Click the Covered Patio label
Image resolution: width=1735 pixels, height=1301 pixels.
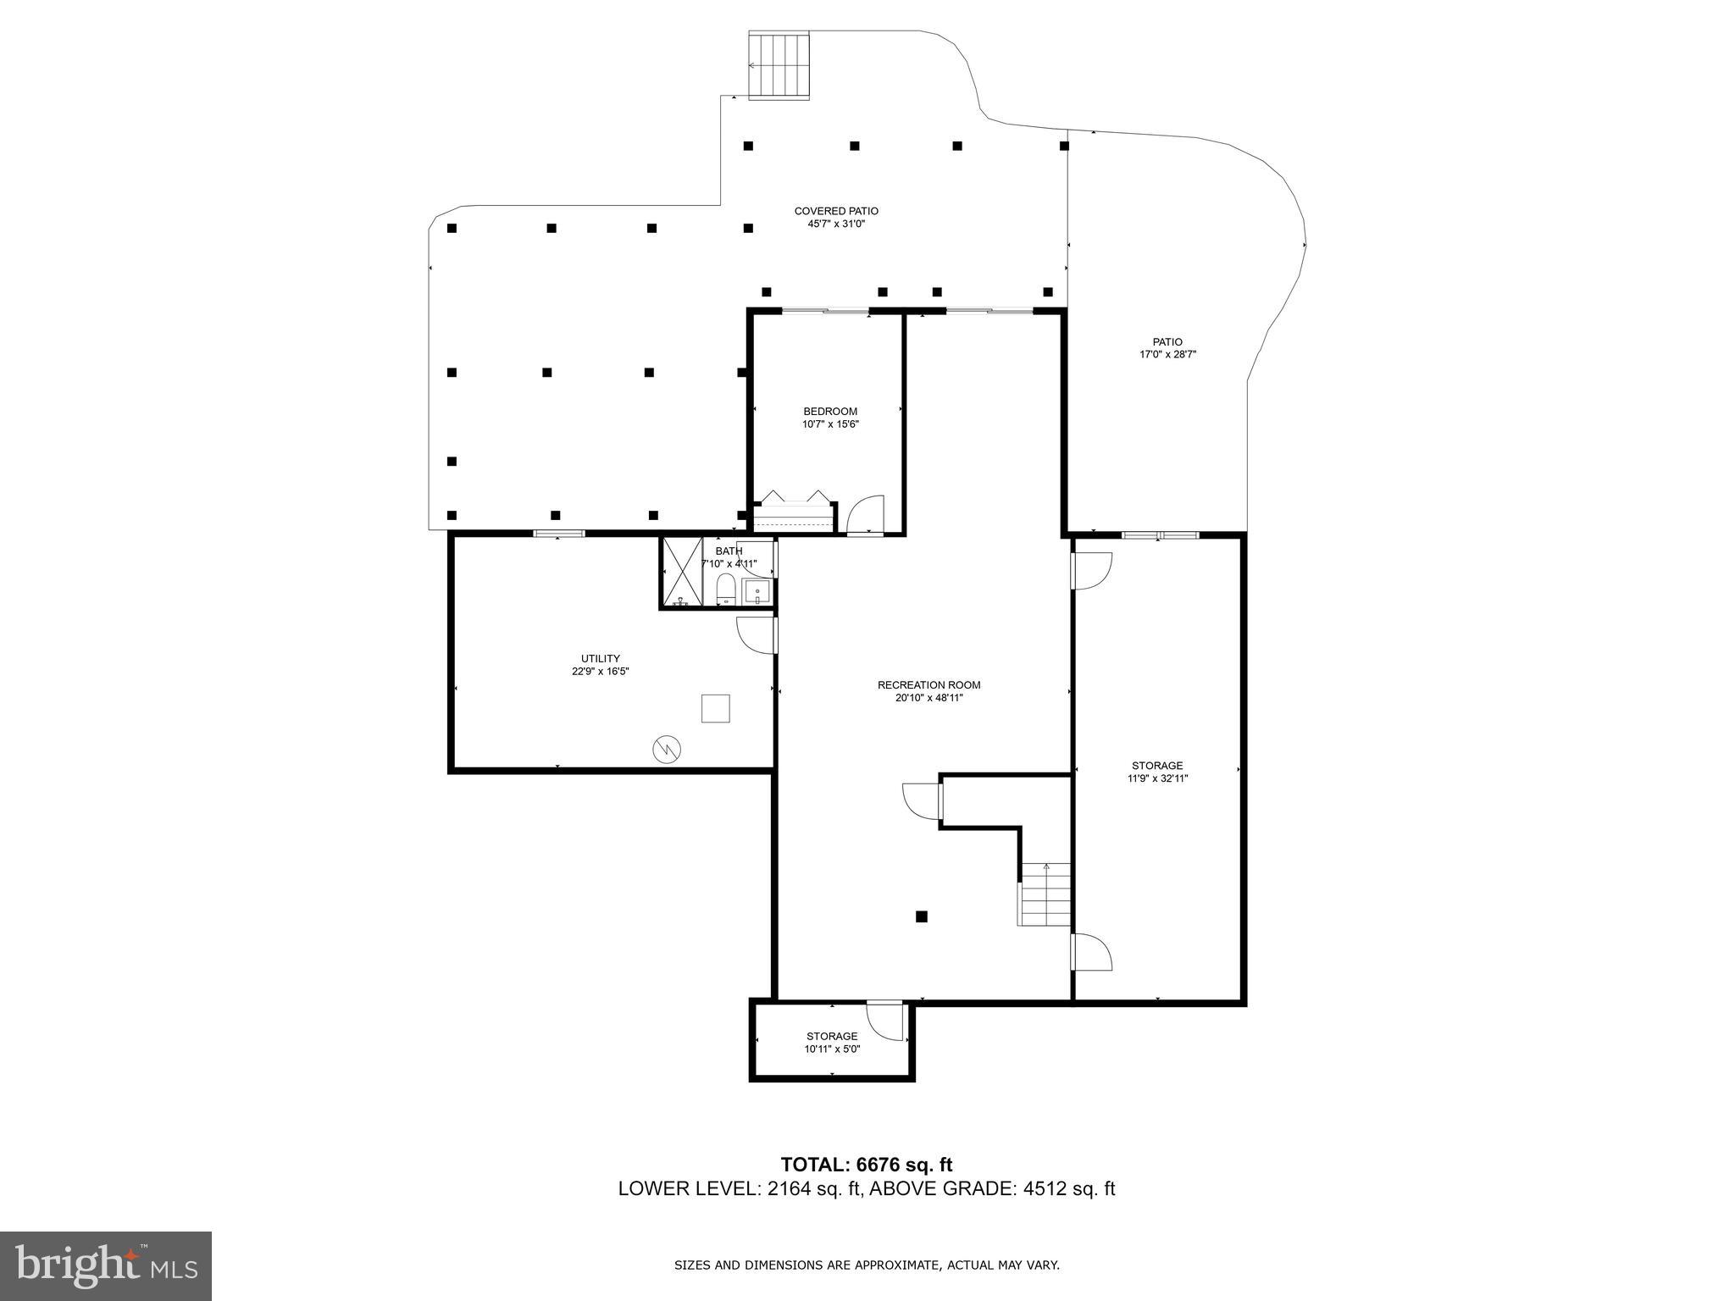pos(835,211)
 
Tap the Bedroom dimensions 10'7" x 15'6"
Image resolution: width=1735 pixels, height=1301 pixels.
pos(830,424)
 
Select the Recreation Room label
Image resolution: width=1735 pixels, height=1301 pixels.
pos(928,685)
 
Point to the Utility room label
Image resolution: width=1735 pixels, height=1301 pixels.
pos(600,658)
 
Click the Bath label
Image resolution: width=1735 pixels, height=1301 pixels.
pos(728,551)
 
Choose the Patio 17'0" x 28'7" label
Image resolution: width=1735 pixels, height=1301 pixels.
pos(1167,348)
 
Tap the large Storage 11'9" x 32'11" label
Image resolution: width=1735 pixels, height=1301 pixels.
pos(1157,772)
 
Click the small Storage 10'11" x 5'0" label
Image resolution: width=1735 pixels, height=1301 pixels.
pos(832,1042)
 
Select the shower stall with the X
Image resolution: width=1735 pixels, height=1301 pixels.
pos(682,573)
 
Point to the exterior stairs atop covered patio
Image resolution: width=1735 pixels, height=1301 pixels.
pos(779,65)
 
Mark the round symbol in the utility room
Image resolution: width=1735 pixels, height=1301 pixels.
pos(667,748)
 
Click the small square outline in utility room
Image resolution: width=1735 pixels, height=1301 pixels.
pos(715,708)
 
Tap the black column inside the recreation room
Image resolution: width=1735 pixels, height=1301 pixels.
pos(921,916)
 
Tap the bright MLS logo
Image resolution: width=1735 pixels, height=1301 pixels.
pos(106,1265)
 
